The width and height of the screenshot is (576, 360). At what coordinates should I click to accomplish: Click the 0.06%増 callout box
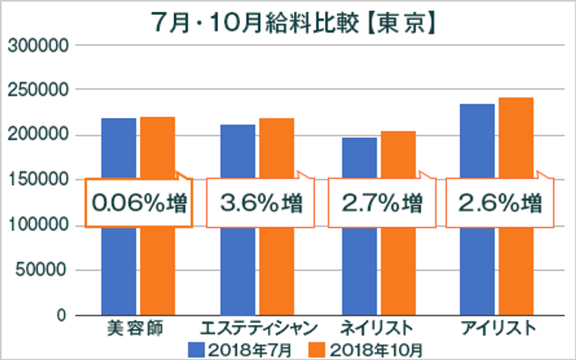coord(139,204)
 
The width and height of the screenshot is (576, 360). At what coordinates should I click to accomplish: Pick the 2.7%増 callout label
coord(381,204)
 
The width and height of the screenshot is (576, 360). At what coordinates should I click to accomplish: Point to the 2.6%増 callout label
coord(501,204)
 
